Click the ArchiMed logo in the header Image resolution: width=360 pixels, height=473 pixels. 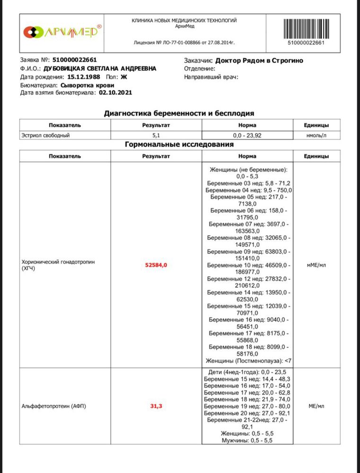tap(61, 32)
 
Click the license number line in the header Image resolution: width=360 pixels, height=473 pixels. tap(184, 43)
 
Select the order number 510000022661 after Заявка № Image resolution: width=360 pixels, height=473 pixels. tap(74, 60)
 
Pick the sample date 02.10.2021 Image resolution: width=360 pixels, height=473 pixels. tap(115, 93)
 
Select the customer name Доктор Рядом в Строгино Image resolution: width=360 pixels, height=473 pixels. tap(259, 61)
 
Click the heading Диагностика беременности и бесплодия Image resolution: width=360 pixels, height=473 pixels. tap(179, 113)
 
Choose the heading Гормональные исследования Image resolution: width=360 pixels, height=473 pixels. tap(179, 145)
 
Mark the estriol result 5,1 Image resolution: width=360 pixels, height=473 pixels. tap(156, 135)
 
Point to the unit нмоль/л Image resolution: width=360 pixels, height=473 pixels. tap(316, 135)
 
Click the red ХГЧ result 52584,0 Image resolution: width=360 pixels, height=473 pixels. tap(156, 265)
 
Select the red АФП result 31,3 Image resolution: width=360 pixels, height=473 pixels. tap(156, 406)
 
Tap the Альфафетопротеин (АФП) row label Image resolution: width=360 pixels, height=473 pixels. tap(49, 406)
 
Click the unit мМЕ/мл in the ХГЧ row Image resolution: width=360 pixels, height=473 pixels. tap(316, 265)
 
